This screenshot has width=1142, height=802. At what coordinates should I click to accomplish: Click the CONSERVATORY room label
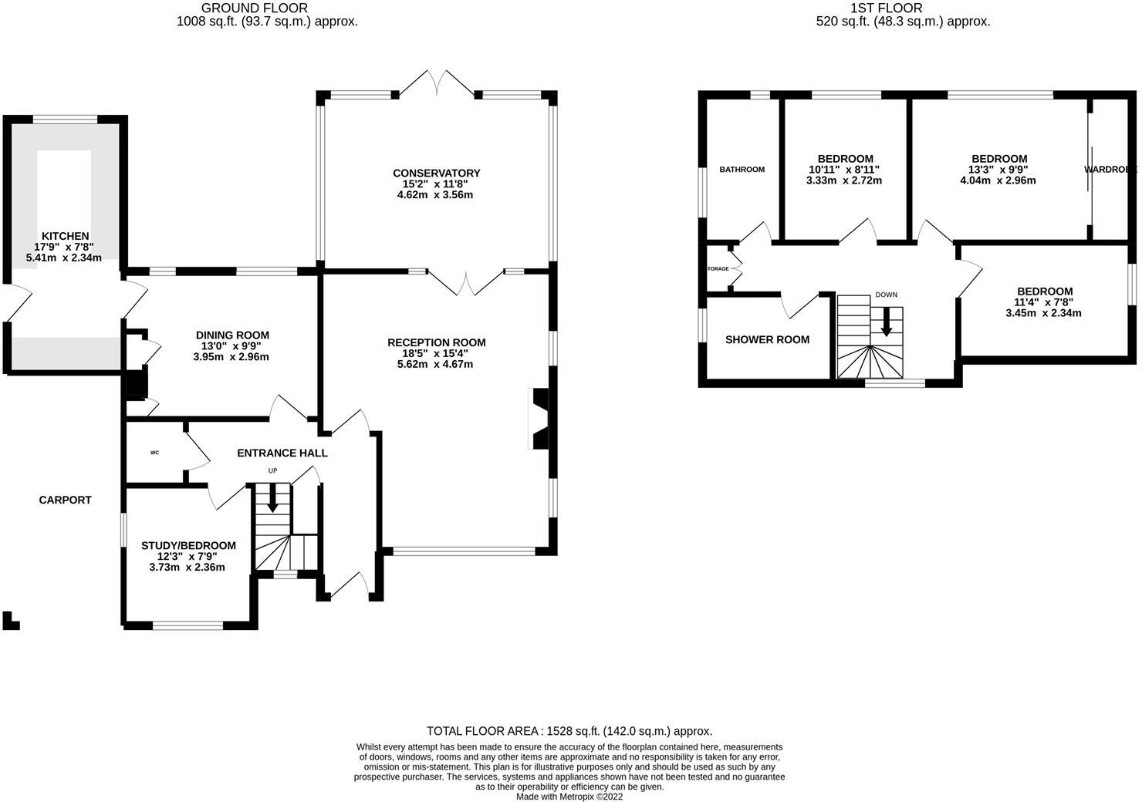click(436, 173)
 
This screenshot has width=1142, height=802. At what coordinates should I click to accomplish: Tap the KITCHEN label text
click(65, 236)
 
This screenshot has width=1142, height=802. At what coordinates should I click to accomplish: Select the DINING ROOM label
click(232, 335)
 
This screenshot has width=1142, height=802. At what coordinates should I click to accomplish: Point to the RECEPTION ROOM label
click(436, 342)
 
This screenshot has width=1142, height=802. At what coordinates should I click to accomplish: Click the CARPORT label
click(66, 500)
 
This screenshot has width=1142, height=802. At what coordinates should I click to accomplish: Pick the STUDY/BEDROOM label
click(188, 545)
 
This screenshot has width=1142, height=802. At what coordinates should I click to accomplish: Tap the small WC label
click(154, 453)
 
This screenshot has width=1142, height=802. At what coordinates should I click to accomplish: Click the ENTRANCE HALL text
click(282, 453)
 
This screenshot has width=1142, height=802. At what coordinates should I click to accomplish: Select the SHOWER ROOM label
click(767, 339)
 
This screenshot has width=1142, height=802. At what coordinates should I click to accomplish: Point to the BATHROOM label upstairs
click(742, 170)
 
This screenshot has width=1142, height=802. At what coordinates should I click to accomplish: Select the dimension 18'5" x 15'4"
click(436, 353)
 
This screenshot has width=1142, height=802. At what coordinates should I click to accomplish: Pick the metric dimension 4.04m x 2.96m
click(998, 180)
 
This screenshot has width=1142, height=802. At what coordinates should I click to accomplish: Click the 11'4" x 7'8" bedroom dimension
click(1044, 302)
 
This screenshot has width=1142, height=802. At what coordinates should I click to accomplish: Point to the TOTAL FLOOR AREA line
click(569, 731)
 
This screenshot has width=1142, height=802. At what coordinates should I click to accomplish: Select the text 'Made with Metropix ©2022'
click(569, 797)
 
